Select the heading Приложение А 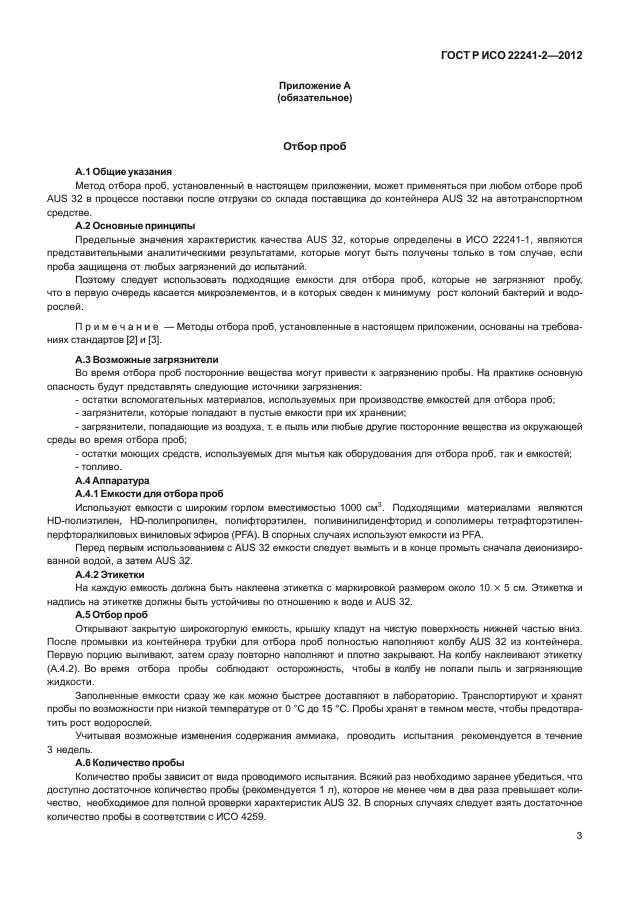[x=314, y=86]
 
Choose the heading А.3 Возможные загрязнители [x=147, y=358]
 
